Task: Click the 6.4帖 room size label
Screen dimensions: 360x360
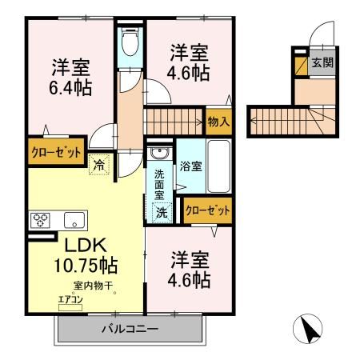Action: tap(70, 86)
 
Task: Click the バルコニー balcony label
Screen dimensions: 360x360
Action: tap(130, 328)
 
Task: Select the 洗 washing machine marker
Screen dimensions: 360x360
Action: tap(161, 213)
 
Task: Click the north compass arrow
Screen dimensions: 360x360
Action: tap(309, 328)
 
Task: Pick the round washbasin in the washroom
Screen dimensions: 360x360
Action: tap(159, 154)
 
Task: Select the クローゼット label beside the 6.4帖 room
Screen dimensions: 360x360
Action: tap(56, 152)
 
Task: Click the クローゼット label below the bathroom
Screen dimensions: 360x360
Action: tap(207, 211)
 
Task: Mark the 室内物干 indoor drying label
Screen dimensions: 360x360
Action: tap(88, 286)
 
